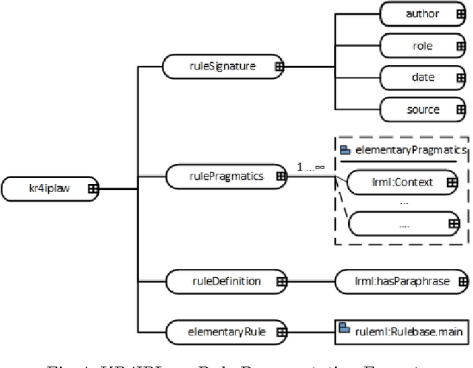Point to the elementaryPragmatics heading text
click(412, 149)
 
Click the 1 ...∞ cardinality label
click(310, 168)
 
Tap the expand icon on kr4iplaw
click(93, 189)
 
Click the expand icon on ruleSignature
click(280, 66)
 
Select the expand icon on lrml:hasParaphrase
click(463, 281)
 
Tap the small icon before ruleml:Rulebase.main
click(344, 311)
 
